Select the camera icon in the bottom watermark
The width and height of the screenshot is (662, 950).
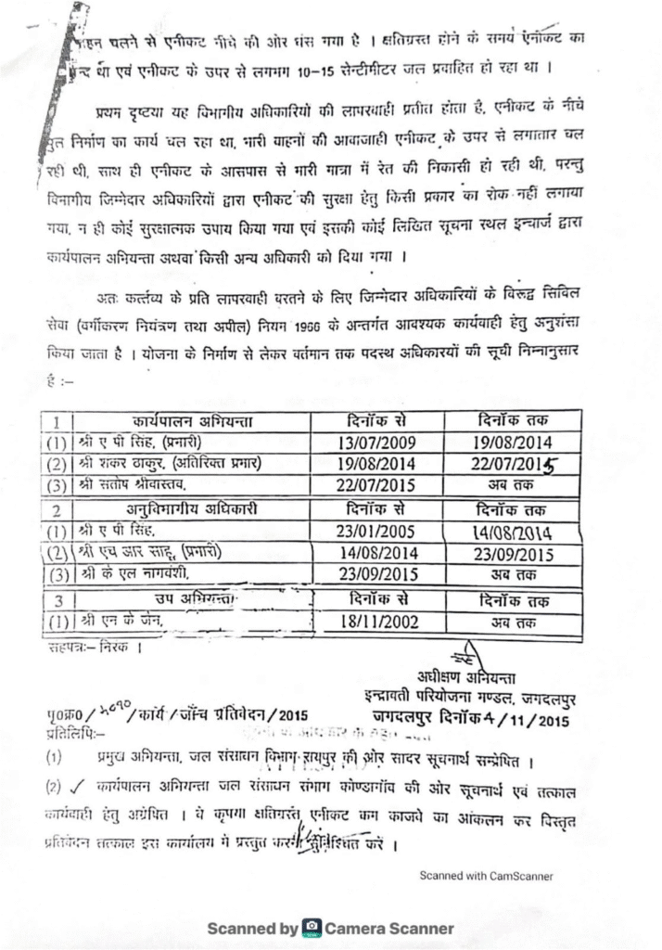click(x=312, y=928)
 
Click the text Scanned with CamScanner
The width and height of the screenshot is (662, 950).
click(x=486, y=875)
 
